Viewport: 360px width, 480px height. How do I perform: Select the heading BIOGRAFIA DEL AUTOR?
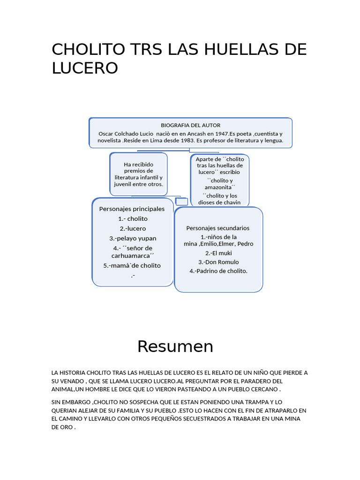point(190,125)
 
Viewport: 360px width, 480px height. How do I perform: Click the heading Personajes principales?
point(132,209)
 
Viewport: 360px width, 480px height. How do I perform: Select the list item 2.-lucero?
point(133,228)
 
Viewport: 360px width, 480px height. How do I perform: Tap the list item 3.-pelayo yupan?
point(133,238)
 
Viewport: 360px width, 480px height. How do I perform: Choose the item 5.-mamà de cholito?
point(132,265)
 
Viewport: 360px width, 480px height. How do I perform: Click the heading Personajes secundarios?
point(218,228)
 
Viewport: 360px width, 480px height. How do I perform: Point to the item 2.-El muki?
point(218,253)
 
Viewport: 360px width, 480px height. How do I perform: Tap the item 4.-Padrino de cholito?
point(218,271)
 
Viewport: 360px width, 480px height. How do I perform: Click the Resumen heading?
point(175,346)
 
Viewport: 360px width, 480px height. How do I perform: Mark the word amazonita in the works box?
point(219,187)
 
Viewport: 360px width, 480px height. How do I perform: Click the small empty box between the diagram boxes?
point(181,202)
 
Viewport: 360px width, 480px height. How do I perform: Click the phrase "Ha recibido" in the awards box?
point(138,165)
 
